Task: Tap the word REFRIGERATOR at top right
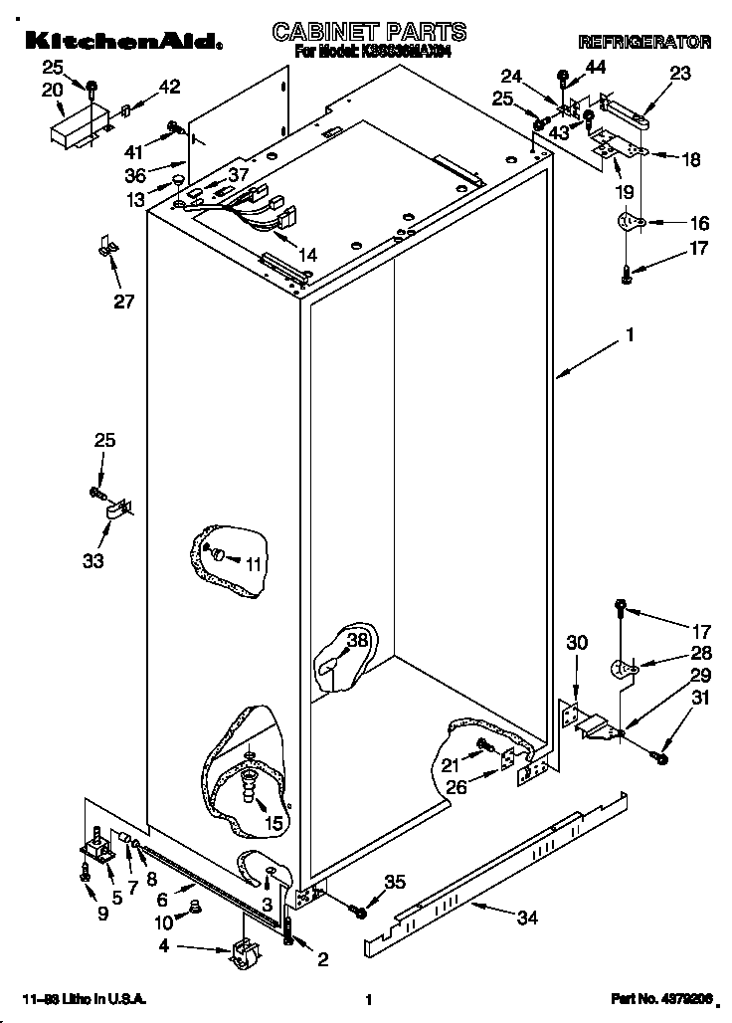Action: [644, 43]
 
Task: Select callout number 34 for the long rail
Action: [527, 918]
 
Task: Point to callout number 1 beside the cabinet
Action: [629, 336]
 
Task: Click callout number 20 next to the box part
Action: [52, 89]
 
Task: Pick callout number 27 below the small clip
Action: [123, 302]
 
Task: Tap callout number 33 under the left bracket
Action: [92, 561]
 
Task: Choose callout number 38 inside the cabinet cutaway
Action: [357, 641]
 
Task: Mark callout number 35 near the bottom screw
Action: [395, 881]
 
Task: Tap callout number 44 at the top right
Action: [595, 67]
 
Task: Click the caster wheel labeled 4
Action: [242, 955]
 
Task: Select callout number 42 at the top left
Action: [169, 87]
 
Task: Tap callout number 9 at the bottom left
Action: [103, 914]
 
